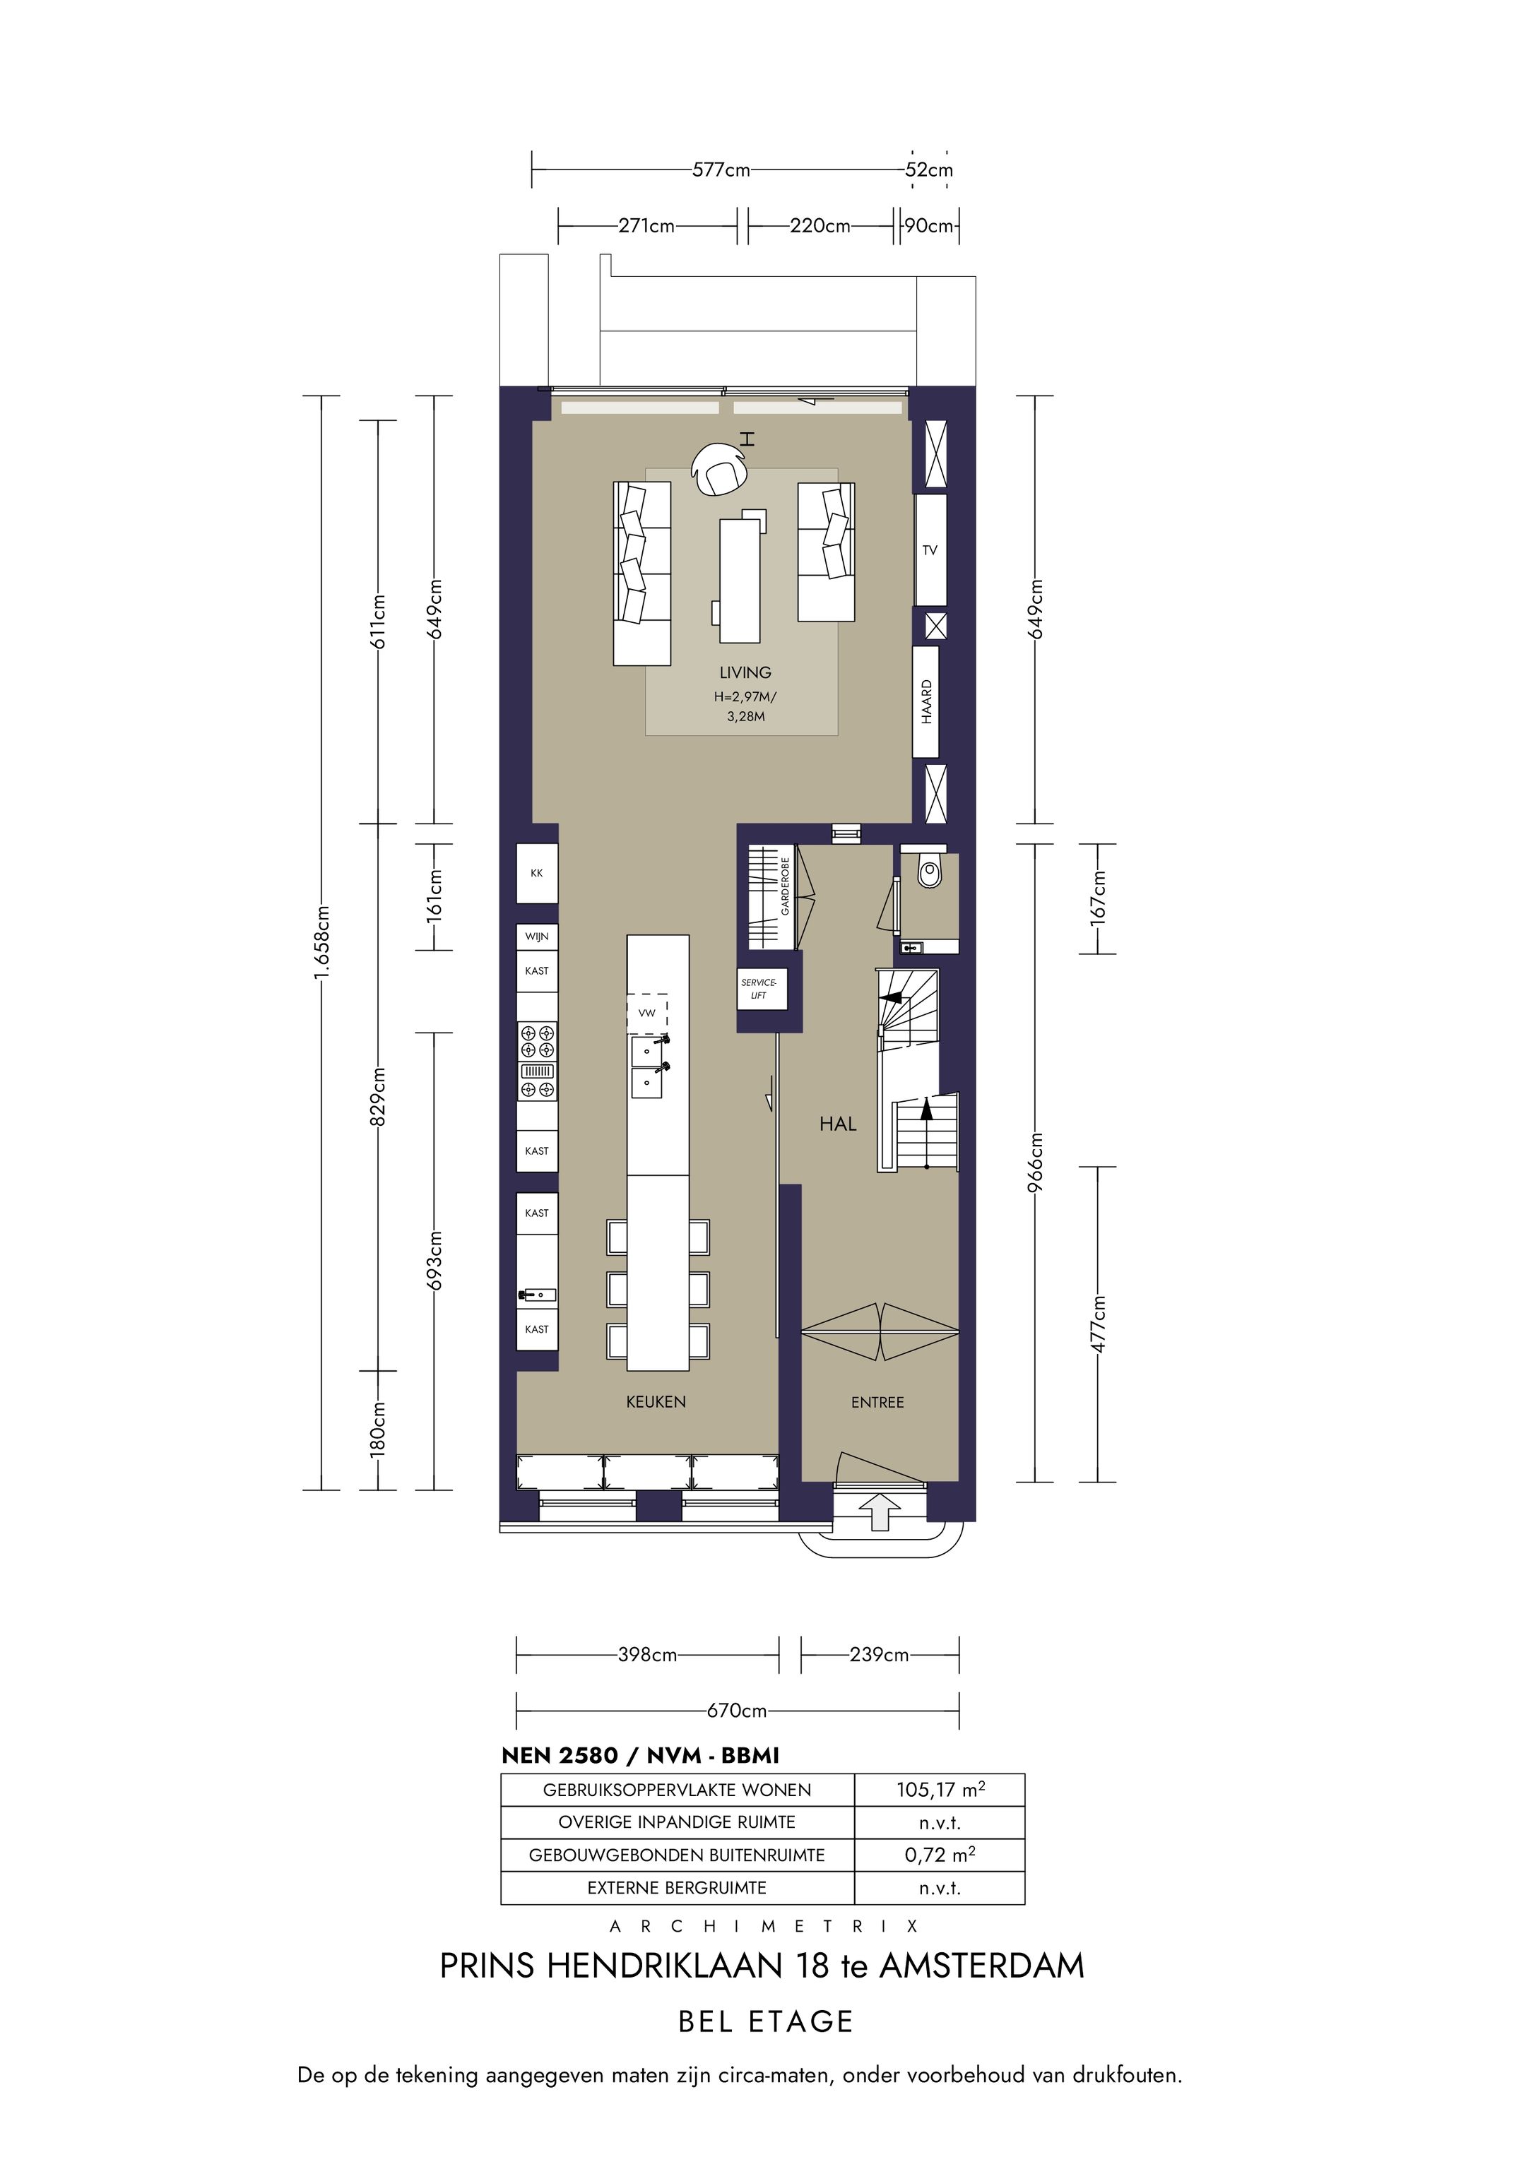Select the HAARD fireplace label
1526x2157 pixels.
[x=926, y=702]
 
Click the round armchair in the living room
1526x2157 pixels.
[x=718, y=469]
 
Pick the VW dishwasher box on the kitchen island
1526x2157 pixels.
[x=647, y=1013]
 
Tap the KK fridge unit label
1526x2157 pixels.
[x=536, y=873]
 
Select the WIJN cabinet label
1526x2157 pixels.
[x=536, y=937]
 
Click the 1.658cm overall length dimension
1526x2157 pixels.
[x=321, y=942]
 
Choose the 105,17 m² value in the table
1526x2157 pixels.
[x=940, y=1789]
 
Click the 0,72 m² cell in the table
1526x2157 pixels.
[x=940, y=1855]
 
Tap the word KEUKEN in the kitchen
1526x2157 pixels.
[x=656, y=1402]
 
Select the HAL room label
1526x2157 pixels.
[x=838, y=1124]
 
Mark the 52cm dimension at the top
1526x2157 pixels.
[x=929, y=170]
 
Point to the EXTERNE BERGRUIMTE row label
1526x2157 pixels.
[x=677, y=1889]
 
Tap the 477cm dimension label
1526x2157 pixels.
[x=1099, y=1324]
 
